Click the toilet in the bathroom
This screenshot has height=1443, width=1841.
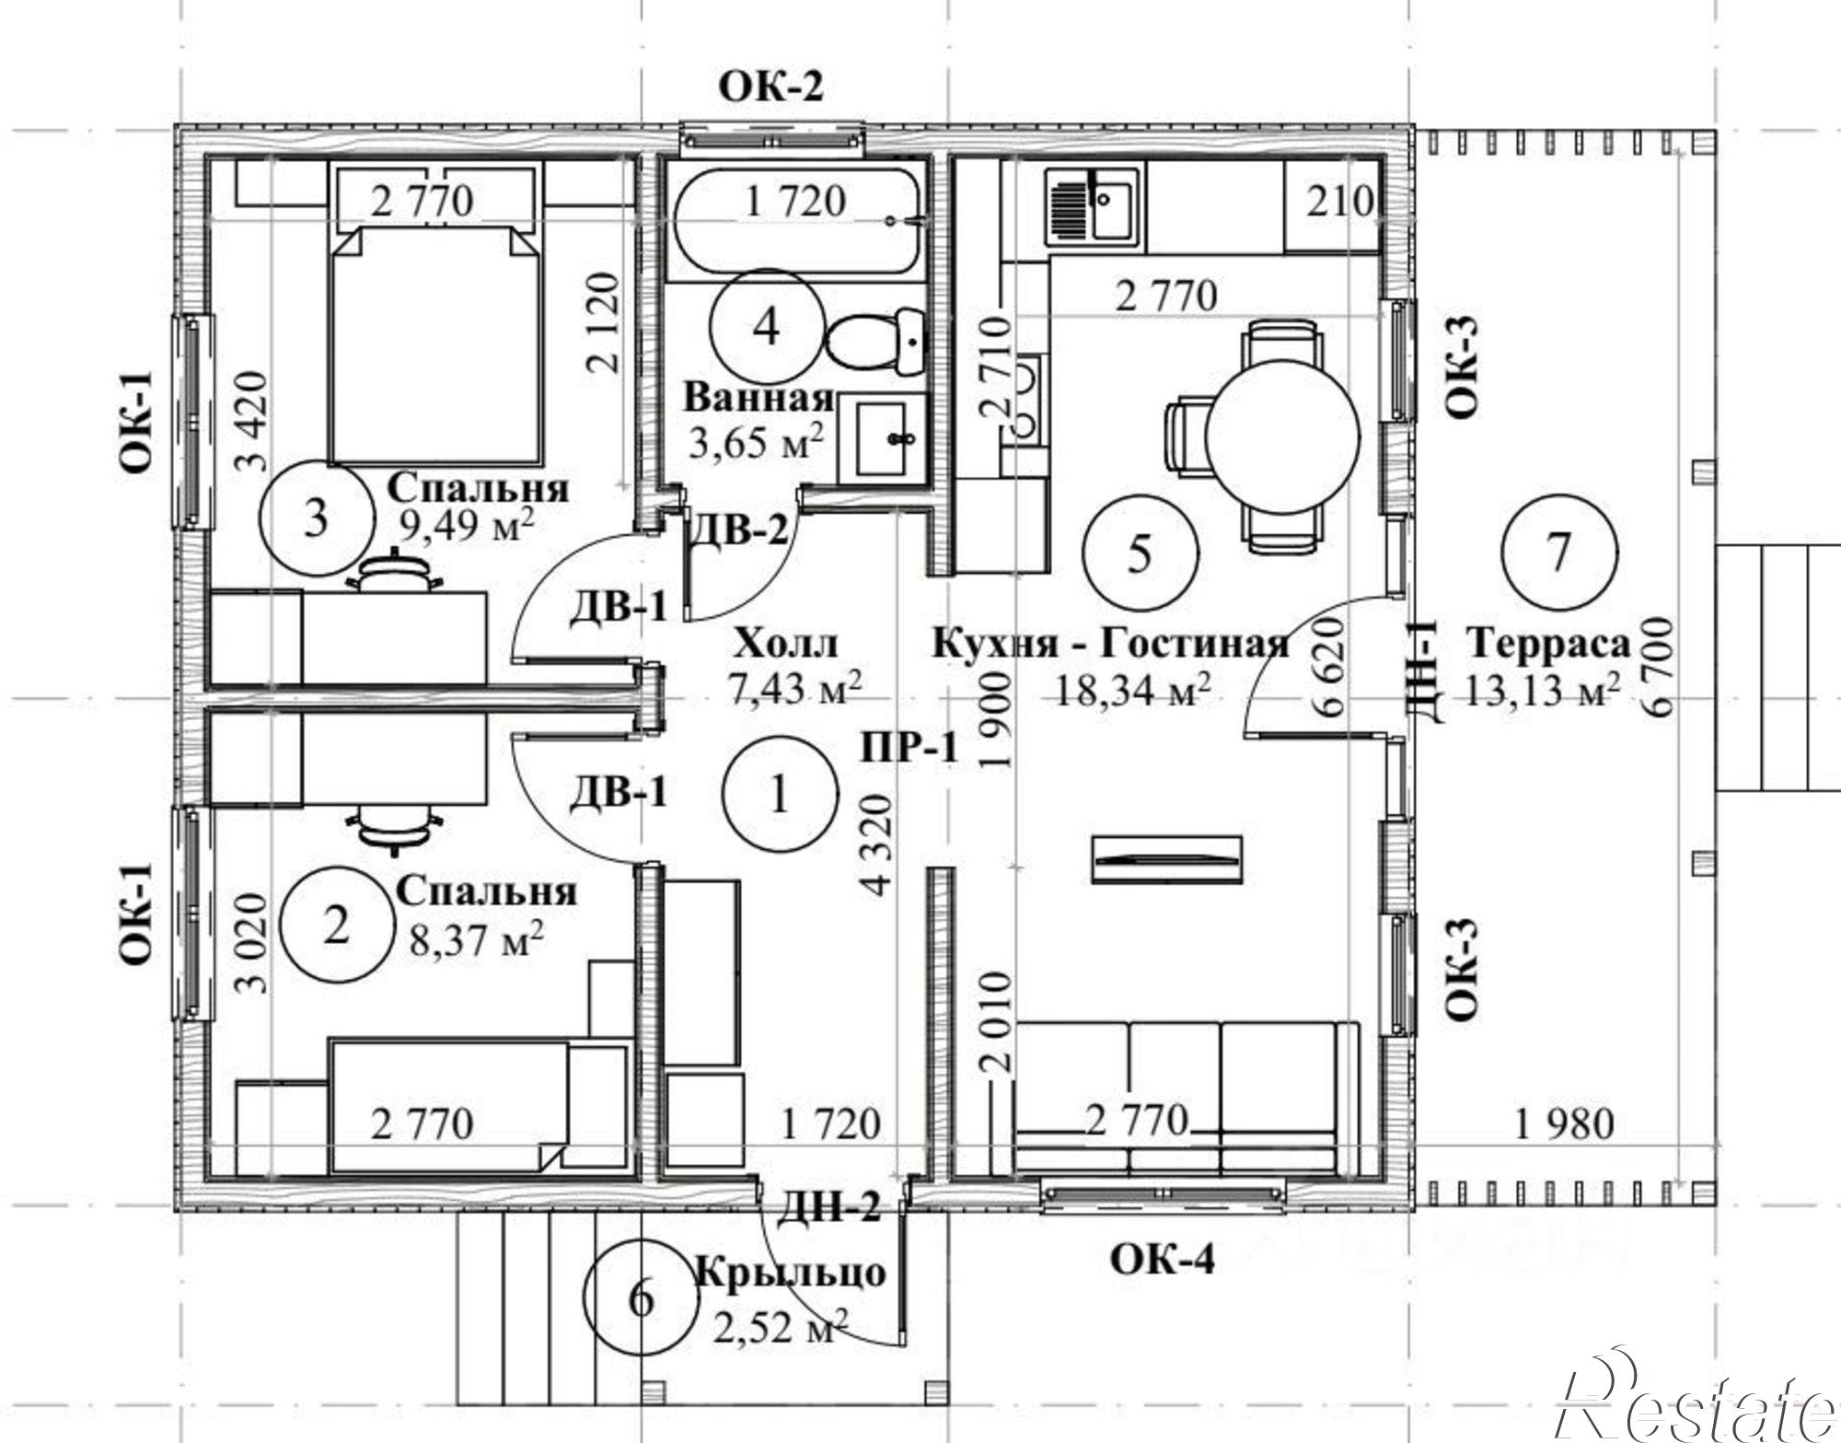coord(874,341)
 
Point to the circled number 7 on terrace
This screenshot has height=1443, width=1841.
coord(1558,553)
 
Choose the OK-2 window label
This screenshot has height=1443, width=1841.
coord(770,87)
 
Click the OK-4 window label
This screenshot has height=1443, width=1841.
coord(1162,1259)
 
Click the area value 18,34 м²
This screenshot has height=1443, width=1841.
coord(1131,691)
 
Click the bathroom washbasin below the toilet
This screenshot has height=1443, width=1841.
coord(883,439)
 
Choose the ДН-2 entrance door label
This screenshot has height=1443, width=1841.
coord(829,1205)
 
